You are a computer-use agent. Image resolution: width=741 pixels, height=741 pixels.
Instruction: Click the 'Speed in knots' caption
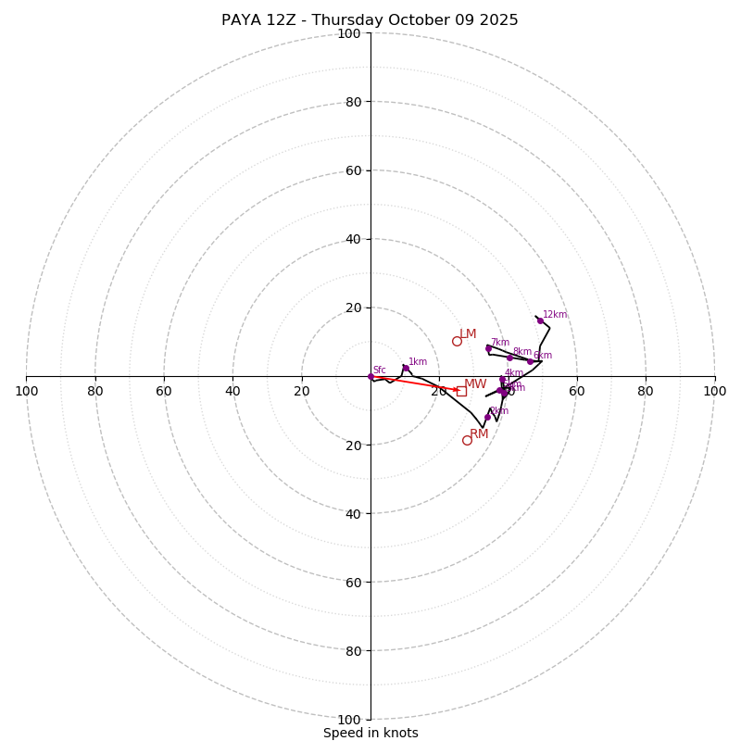click(x=370, y=733)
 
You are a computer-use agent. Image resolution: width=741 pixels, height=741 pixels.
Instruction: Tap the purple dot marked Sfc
click(x=370, y=376)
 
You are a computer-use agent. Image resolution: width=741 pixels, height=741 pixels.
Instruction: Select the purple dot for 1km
click(x=406, y=368)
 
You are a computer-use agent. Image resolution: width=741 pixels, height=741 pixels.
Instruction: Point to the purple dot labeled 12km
click(x=540, y=320)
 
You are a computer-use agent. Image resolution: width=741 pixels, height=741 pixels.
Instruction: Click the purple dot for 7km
click(x=488, y=348)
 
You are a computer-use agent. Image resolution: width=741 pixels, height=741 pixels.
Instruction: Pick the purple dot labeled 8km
click(x=509, y=358)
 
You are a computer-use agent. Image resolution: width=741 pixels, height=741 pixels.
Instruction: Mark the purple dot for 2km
click(x=487, y=417)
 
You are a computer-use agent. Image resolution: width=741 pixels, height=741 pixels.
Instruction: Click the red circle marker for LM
click(x=457, y=341)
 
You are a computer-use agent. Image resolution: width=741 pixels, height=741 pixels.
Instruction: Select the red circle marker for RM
click(x=467, y=440)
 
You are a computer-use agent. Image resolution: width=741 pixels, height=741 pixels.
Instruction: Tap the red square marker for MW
click(x=461, y=391)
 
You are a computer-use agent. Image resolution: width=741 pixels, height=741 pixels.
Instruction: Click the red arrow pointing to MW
click(x=417, y=383)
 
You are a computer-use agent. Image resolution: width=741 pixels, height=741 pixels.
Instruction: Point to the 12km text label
click(x=555, y=315)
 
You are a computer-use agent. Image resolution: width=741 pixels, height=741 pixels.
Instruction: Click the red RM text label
click(x=479, y=434)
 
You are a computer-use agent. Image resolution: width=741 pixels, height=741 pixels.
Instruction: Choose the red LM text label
click(x=468, y=334)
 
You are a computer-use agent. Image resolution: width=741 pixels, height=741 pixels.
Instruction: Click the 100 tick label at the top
click(x=349, y=33)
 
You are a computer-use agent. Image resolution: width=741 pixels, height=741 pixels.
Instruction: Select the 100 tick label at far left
click(x=27, y=392)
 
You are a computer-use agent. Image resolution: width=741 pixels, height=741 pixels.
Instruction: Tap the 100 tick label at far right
click(x=714, y=392)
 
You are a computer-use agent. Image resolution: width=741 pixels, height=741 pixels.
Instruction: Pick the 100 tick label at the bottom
click(x=349, y=719)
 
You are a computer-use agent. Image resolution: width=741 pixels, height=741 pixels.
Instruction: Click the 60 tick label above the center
click(x=353, y=170)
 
